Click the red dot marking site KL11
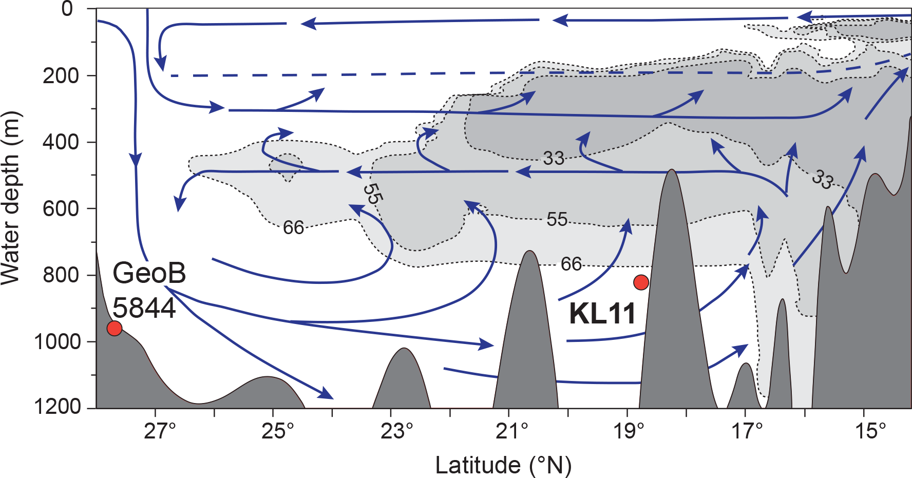click(641, 282)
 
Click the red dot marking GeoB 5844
click(114, 328)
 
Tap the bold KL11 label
click(602, 313)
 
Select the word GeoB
click(149, 273)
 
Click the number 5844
click(144, 308)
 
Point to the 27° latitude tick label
click(160, 431)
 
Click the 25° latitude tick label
click(278, 431)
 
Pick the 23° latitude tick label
click(396, 431)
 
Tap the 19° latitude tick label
click(630, 431)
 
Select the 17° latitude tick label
click(747, 431)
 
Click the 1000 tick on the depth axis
click(58, 341)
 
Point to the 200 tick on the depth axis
click(62, 75)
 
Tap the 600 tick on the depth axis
click(62, 208)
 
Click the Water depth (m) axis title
click(10, 198)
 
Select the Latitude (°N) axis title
click(503, 465)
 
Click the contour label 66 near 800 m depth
click(571, 264)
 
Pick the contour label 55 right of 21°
click(557, 219)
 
